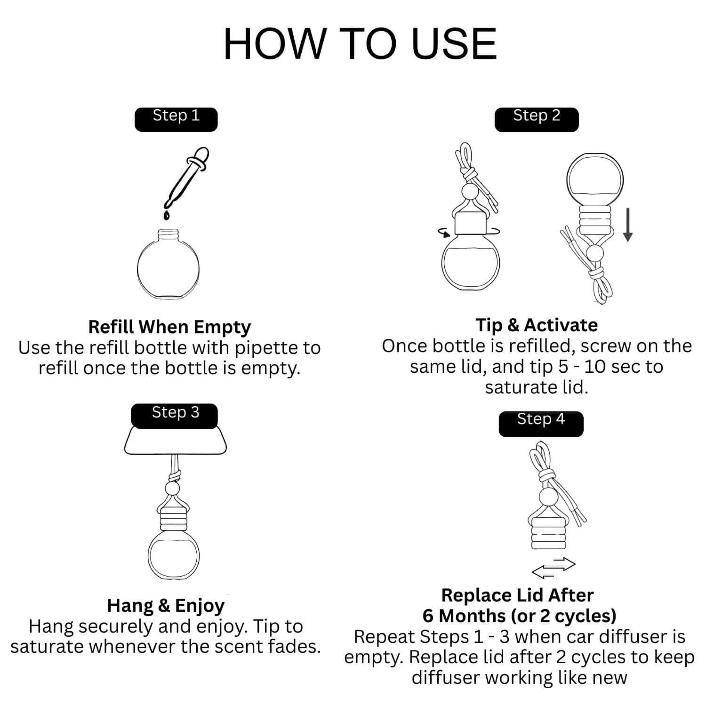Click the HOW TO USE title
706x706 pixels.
[360, 44]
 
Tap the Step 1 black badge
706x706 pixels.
[176, 119]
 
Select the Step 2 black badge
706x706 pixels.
[536, 119]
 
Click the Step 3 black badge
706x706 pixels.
[175, 415]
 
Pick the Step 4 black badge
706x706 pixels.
[540, 422]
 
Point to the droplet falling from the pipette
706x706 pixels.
[167, 215]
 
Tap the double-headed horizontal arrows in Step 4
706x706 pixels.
[554, 568]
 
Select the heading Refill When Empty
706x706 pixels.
[169, 327]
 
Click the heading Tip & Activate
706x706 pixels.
[536, 325]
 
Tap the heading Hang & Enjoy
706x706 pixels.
[166, 605]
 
